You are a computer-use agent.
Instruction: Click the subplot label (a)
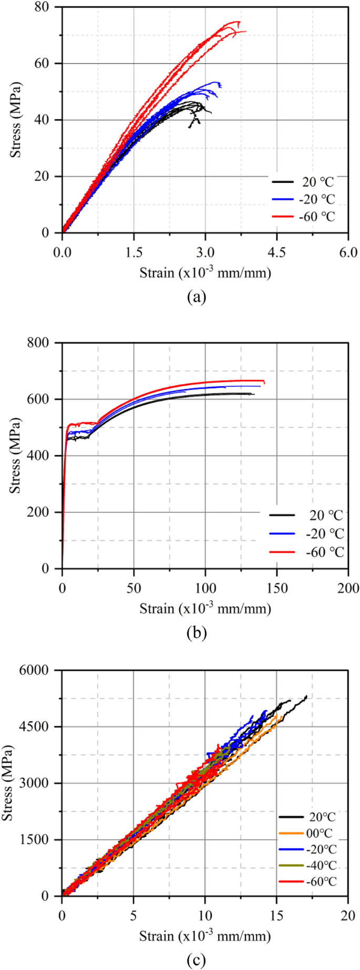tap(197, 297)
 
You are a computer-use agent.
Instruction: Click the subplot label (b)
tap(197, 633)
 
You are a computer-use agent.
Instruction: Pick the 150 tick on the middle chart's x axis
tap(276, 587)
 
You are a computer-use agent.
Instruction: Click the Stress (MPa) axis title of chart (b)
tap(16, 456)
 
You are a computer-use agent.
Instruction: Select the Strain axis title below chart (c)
tap(205, 936)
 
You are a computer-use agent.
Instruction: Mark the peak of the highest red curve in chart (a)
tap(238, 22)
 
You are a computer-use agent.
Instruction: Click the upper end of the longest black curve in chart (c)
tap(306, 697)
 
